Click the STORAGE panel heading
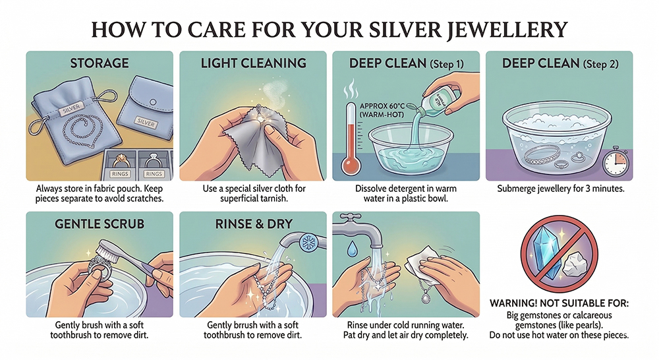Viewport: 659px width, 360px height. point(100,63)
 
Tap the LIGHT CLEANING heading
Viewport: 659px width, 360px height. point(254,63)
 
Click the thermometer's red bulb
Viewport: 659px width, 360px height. point(350,165)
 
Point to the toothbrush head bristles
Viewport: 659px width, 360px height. point(103,254)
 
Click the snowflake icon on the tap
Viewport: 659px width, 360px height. point(308,243)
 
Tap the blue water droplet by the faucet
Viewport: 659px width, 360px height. point(351,249)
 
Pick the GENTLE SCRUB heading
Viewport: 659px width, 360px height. point(100,224)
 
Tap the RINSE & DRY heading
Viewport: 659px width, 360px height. point(254,224)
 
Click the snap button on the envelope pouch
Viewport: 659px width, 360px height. point(154,102)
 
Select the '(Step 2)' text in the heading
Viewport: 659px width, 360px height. point(600,64)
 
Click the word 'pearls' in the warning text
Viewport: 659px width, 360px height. point(589,325)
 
